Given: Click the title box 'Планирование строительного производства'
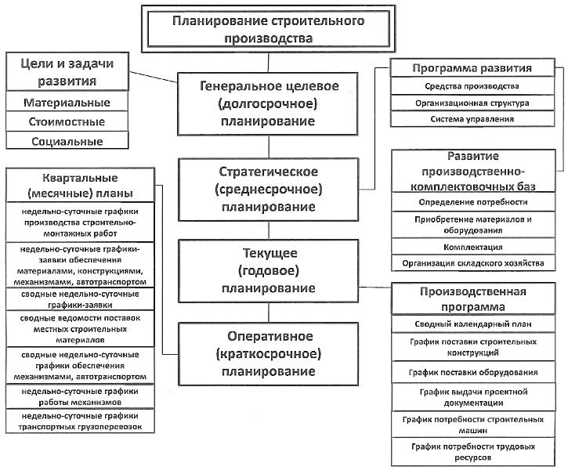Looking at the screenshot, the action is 268,29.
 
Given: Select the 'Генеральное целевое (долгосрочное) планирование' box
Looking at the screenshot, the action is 268,104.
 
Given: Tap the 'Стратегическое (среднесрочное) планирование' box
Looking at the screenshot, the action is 269,190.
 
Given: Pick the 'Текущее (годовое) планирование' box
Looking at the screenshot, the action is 269,271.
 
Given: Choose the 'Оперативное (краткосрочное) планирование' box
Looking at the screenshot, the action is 269,354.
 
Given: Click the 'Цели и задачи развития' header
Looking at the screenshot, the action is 67,72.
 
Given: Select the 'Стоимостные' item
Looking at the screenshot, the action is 67,121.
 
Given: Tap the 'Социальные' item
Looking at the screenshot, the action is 67,140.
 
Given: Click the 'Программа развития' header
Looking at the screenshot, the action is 472,67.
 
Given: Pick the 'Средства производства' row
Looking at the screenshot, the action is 472,86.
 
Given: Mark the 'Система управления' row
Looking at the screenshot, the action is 472,119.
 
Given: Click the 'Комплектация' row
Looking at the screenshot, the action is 473,247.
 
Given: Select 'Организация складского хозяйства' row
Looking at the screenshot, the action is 473,263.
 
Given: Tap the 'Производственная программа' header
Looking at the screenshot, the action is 473,298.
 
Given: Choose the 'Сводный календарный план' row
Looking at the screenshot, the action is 473,324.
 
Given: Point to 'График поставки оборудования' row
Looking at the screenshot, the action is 473,372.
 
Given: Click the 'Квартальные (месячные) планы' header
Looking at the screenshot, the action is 80,185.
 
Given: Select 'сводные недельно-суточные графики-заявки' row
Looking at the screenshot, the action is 80,299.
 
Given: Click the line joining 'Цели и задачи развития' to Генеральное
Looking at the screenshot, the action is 154,77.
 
